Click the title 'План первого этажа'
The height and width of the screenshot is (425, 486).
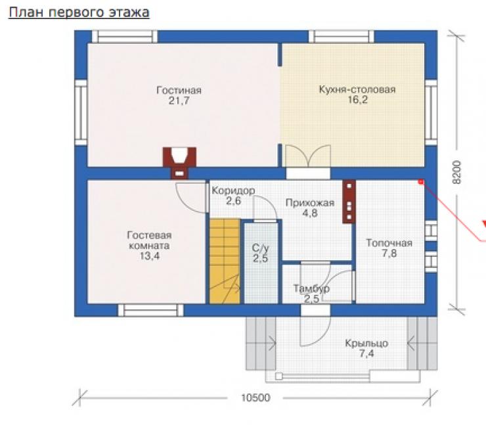pyautogui.click(x=79, y=13)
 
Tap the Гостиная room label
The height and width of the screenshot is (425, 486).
pyautogui.click(x=179, y=90)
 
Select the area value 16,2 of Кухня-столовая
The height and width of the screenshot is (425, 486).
pyautogui.click(x=357, y=100)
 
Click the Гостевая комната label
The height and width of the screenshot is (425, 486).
pyautogui.click(x=149, y=240)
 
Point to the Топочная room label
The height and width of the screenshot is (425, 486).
pyautogui.click(x=389, y=243)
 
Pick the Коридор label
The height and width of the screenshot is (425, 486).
pyautogui.click(x=233, y=190)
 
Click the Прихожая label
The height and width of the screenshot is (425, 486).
pyautogui.click(x=310, y=203)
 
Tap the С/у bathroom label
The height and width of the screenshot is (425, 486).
pyautogui.click(x=260, y=248)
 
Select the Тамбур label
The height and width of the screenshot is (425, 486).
pyautogui.click(x=311, y=289)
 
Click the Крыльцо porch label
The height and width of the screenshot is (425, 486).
pyautogui.click(x=366, y=344)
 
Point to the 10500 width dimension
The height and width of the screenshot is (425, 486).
pyautogui.click(x=255, y=397)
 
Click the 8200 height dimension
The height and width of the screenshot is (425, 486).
pyautogui.click(x=456, y=172)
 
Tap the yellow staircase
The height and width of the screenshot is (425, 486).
pyautogui.click(x=225, y=261)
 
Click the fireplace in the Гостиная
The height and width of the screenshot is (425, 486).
pyautogui.click(x=179, y=163)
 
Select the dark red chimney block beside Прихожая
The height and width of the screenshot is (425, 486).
pyautogui.click(x=349, y=202)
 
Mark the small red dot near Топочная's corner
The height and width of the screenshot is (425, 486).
pyautogui.click(x=420, y=182)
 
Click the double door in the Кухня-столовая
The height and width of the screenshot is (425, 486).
pyautogui.click(x=308, y=156)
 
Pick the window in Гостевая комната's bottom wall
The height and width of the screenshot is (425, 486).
pyautogui.click(x=150, y=310)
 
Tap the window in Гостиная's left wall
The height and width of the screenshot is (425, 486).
pyautogui.click(x=81, y=112)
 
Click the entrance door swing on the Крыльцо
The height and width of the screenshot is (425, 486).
pyautogui.click(x=315, y=330)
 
